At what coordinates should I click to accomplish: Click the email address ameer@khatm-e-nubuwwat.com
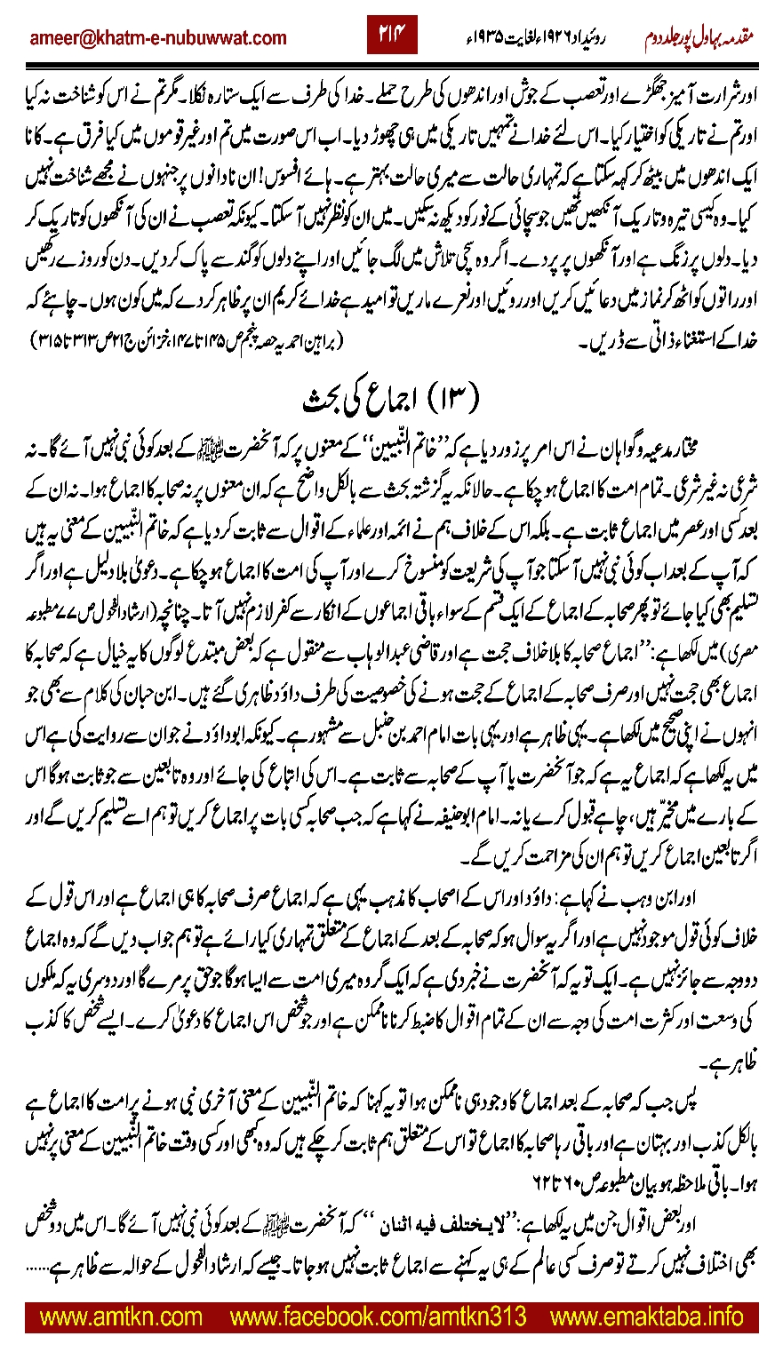(158, 37)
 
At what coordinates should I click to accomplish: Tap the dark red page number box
(392, 36)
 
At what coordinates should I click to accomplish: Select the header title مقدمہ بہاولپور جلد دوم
(708, 37)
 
